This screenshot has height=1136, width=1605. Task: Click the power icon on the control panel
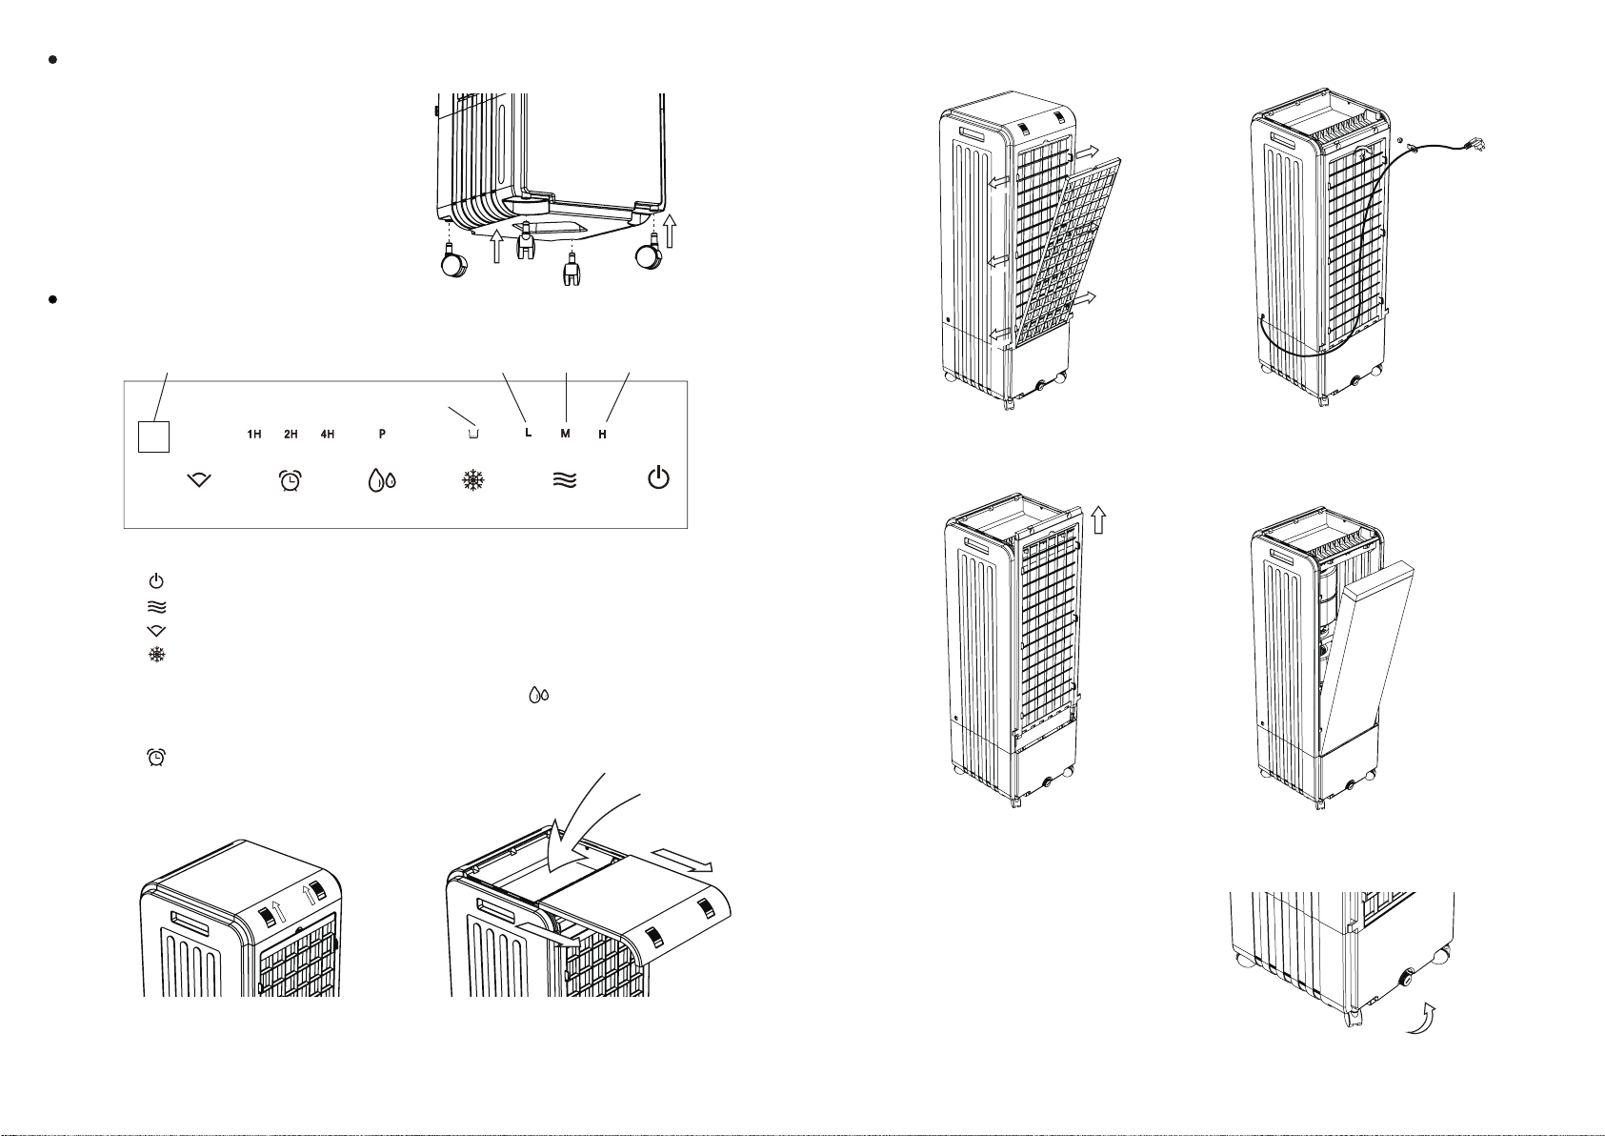(x=658, y=479)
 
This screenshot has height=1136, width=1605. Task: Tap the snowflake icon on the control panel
(x=472, y=481)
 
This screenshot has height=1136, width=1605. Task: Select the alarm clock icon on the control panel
(x=287, y=481)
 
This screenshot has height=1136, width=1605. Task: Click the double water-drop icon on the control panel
(x=381, y=481)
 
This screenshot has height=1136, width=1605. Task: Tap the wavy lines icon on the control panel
(x=565, y=481)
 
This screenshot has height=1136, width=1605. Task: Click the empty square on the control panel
(x=153, y=436)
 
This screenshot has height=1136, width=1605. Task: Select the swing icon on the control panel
(x=198, y=481)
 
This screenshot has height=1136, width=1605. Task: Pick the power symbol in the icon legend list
(x=157, y=580)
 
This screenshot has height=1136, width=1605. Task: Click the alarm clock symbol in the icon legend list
(x=157, y=757)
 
